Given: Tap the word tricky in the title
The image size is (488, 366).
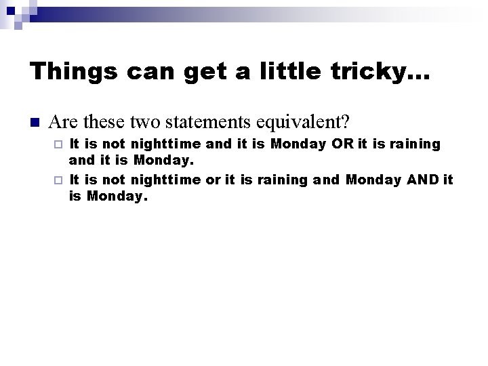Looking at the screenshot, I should pos(370,70).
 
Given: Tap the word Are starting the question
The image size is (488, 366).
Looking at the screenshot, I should pos(63,123).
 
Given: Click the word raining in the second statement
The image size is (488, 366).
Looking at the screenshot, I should pos(281,180).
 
